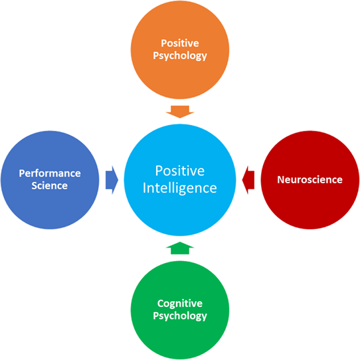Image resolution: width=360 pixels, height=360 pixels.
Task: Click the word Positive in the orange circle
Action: [180, 43]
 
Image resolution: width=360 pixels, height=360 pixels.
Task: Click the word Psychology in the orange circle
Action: [180, 56]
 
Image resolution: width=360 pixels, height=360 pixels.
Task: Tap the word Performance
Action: [50, 173]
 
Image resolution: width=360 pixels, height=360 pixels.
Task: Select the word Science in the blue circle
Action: [50, 186]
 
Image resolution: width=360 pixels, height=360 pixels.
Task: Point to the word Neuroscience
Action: [310, 180]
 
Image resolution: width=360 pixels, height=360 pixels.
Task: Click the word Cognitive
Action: [180, 304]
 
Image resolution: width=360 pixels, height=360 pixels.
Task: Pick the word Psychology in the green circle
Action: [180, 316]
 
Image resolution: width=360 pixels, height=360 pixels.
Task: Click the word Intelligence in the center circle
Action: [180, 189]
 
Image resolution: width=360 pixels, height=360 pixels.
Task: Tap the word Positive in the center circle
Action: [180, 171]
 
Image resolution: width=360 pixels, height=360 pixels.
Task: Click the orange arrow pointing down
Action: [180, 112]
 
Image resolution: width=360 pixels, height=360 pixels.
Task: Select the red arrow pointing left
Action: [248, 180]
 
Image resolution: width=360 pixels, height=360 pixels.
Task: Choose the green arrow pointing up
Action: [180, 248]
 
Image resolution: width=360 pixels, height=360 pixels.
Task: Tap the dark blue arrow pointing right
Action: [112, 180]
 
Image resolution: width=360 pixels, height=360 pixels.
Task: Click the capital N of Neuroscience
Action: [281, 180]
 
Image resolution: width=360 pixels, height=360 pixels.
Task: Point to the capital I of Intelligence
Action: [144, 188]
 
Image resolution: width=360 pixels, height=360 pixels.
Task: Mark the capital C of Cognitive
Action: [160, 304]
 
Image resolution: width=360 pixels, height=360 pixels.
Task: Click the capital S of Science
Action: [35, 186]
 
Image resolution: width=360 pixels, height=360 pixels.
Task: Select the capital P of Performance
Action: [22, 173]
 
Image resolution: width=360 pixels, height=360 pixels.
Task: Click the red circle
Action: [310, 180]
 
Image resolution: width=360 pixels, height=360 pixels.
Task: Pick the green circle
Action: [180, 310]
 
